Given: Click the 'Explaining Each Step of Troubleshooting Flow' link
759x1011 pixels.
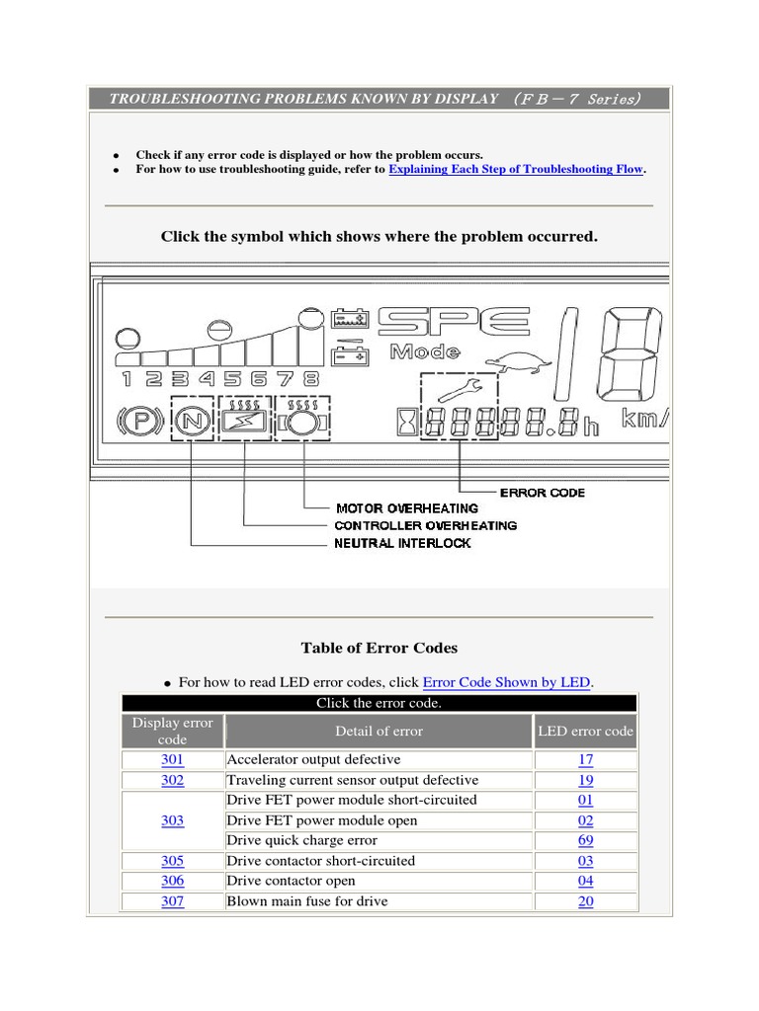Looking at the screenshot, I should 516,169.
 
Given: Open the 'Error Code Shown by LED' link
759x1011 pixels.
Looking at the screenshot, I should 506,682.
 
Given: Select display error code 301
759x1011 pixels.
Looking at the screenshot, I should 172,760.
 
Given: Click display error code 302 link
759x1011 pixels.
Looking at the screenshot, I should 172,780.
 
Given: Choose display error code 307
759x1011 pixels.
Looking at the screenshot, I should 172,901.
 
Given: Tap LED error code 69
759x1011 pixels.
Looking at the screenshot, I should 586,841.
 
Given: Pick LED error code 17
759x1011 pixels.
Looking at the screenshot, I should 586,760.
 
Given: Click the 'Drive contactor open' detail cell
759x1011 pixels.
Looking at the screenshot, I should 291,881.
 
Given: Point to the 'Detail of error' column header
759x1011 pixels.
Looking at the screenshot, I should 379,732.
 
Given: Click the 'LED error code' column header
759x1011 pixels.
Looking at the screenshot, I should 586,732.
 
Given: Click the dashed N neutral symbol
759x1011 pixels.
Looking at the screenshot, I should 192,423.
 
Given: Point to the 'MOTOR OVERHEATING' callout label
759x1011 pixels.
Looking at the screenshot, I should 406,508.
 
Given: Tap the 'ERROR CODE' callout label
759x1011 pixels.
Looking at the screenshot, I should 542,492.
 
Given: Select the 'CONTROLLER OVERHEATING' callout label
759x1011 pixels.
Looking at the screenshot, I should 425,525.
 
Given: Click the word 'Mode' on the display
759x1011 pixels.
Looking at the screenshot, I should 425,351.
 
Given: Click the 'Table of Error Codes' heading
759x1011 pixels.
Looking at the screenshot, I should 379,648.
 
